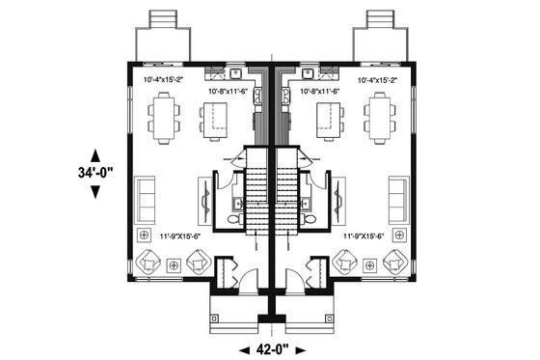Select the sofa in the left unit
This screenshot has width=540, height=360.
pyautogui.click(x=146, y=199)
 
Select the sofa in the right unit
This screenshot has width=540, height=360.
pyautogui.click(x=398, y=199)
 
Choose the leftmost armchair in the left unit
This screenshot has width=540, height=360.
pyautogui.click(x=150, y=260)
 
